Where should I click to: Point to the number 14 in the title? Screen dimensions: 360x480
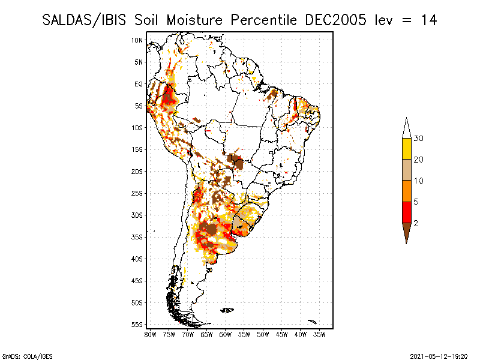(x=428, y=20)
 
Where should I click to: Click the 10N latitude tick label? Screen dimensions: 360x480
(x=137, y=40)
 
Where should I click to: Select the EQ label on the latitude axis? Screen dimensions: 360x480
(x=138, y=84)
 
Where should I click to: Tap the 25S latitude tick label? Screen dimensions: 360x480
(x=137, y=193)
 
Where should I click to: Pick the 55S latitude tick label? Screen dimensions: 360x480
(x=137, y=324)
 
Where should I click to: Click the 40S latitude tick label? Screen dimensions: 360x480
(x=137, y=259)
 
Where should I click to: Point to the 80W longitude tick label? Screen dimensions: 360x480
(x=150, y=334)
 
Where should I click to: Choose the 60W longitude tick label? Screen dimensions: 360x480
(x=226, y=334)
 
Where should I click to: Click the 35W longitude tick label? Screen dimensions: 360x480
(x=320, y=334)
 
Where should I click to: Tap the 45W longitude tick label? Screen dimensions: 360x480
(x=282, y=334)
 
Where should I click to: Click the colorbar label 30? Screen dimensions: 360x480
(x=419, y=139)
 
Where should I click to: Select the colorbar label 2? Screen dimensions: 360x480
(x=416, y=223)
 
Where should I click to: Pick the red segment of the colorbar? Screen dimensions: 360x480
(x=407, y=212)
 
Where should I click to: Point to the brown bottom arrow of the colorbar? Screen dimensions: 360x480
(x=407, y=232)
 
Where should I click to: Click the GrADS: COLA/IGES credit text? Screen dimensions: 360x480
(x=20, y=355)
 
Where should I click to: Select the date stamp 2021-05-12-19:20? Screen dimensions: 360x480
(x=439, y=355)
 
